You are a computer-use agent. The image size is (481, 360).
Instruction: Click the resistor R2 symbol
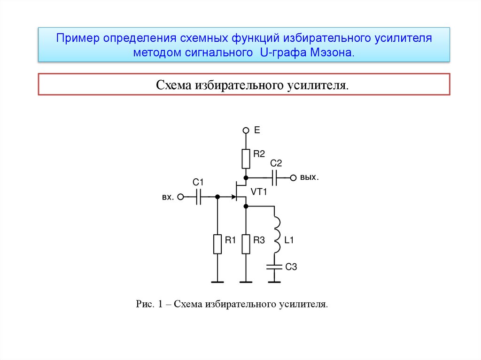[245, 159]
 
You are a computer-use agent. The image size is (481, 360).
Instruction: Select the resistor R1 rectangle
[217, 244]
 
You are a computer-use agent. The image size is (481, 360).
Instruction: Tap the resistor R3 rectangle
[245, 244]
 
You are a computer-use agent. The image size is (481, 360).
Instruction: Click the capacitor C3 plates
[274, 267]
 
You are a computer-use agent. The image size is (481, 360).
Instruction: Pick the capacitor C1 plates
[198, 198]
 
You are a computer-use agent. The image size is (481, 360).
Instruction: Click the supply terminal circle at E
[245, 130]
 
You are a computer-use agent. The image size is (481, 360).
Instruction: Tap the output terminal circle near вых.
[293, 177]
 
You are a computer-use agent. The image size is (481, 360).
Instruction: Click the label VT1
[259, 191]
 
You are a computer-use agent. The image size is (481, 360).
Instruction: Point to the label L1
[289, 240]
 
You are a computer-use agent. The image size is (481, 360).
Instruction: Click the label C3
[291, 267]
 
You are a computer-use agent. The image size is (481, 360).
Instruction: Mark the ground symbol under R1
[217, 282]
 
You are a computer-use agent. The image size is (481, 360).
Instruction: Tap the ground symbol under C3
[274, 282]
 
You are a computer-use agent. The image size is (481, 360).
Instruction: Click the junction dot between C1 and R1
[217, 198]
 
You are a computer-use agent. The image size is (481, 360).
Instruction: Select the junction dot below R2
[245, 177]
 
